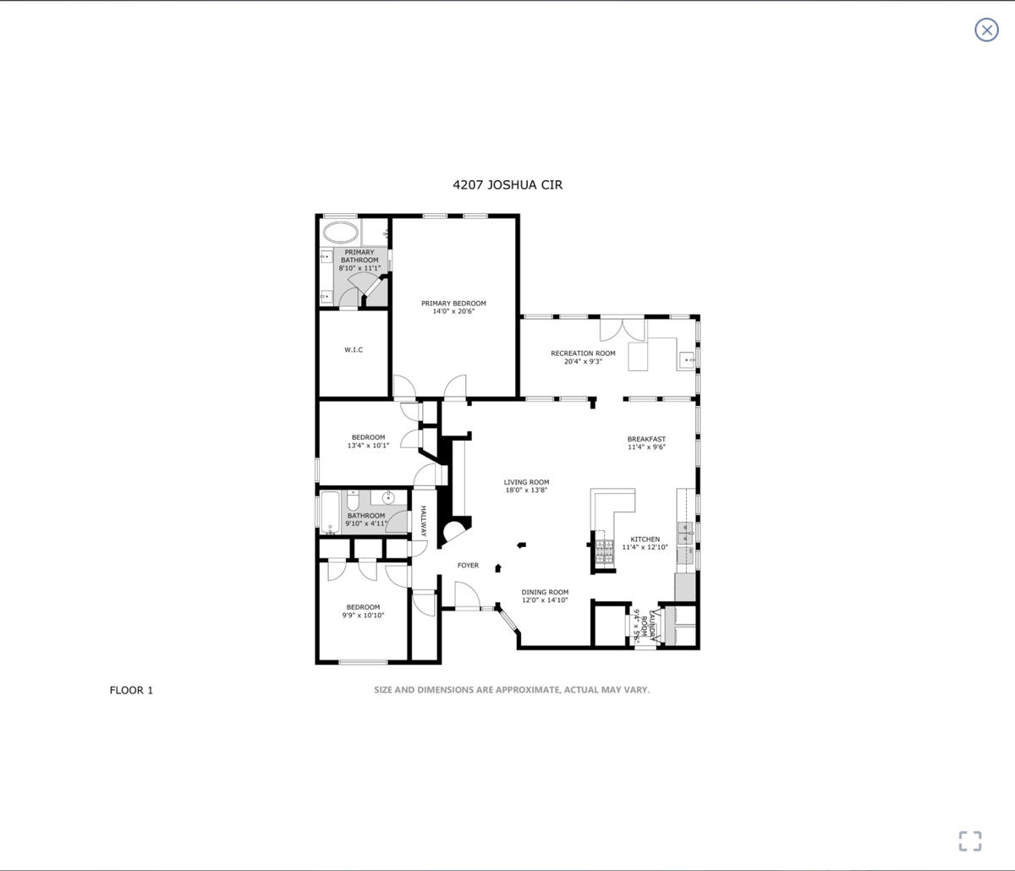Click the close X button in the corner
pyautogui.click(x=986, y=30)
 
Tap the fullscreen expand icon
pyautogui.click(x=969, y=841)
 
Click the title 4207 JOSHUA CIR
pyautogui.click(x=507, y=184)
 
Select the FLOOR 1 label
pyautogui.click(x=131, y=690)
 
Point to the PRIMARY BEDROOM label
pyautogui.click(x=453, y=303)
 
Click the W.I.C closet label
pyautogui.click(x=354, y=349)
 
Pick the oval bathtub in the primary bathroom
pyautogui.click(x=341, y=233)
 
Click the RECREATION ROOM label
pyautogui.click(x=583, y=353)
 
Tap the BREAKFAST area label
pyautogui.click(x=646, y=439)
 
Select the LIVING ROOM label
pyautogui.click(x=526, y=482)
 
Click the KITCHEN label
pyautogui.click(x=645, y=539)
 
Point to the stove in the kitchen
pyautogui.click(x=604, y=551)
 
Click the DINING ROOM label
pyautogui.click(x=545, y=592)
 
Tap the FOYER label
pyautogui.click(x=468, y=565)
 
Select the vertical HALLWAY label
pyautogui.click(x=423, y=521)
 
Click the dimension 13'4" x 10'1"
pyautogui.click(x=368, y=445)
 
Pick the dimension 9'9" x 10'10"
pyautogui.click(x=363, y=615)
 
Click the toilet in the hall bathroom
pyautogui.click(x=354, y=501)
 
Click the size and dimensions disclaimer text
pyautogui.click(x=512, y=690)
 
